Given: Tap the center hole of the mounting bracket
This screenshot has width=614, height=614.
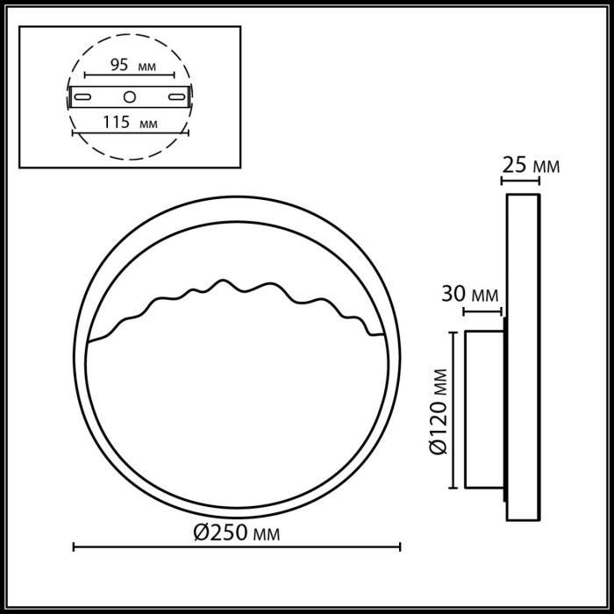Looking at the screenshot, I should [x=130, y=96].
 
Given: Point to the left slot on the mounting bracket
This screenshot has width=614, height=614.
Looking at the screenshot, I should [x=85, y=96].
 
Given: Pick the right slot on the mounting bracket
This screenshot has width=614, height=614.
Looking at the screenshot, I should [x=175, y=96].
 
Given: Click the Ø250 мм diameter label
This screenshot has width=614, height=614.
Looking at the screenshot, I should [x=238, y=532].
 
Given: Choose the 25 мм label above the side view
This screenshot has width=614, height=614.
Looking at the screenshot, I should [x=529, y=165].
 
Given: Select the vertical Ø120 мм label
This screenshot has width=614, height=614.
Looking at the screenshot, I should [x=439, y=410].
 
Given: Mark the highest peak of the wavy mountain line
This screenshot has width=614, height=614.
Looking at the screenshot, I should [x=226, y=282].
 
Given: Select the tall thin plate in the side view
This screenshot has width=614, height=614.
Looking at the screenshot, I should [x=523, y=357].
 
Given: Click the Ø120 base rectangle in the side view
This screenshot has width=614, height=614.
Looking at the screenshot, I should [x=482, y=410].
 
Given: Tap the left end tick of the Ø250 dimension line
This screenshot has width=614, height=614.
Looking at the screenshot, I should [x=73, y=548].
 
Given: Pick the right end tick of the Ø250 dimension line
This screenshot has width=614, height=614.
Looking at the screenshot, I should [x=400, y=548].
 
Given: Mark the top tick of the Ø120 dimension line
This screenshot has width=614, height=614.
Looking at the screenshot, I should [x=453, y=332].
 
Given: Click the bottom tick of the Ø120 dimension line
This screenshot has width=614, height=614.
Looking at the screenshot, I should [x=453, y=488].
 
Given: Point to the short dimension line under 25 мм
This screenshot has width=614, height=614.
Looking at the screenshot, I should [x=520, y=182].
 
